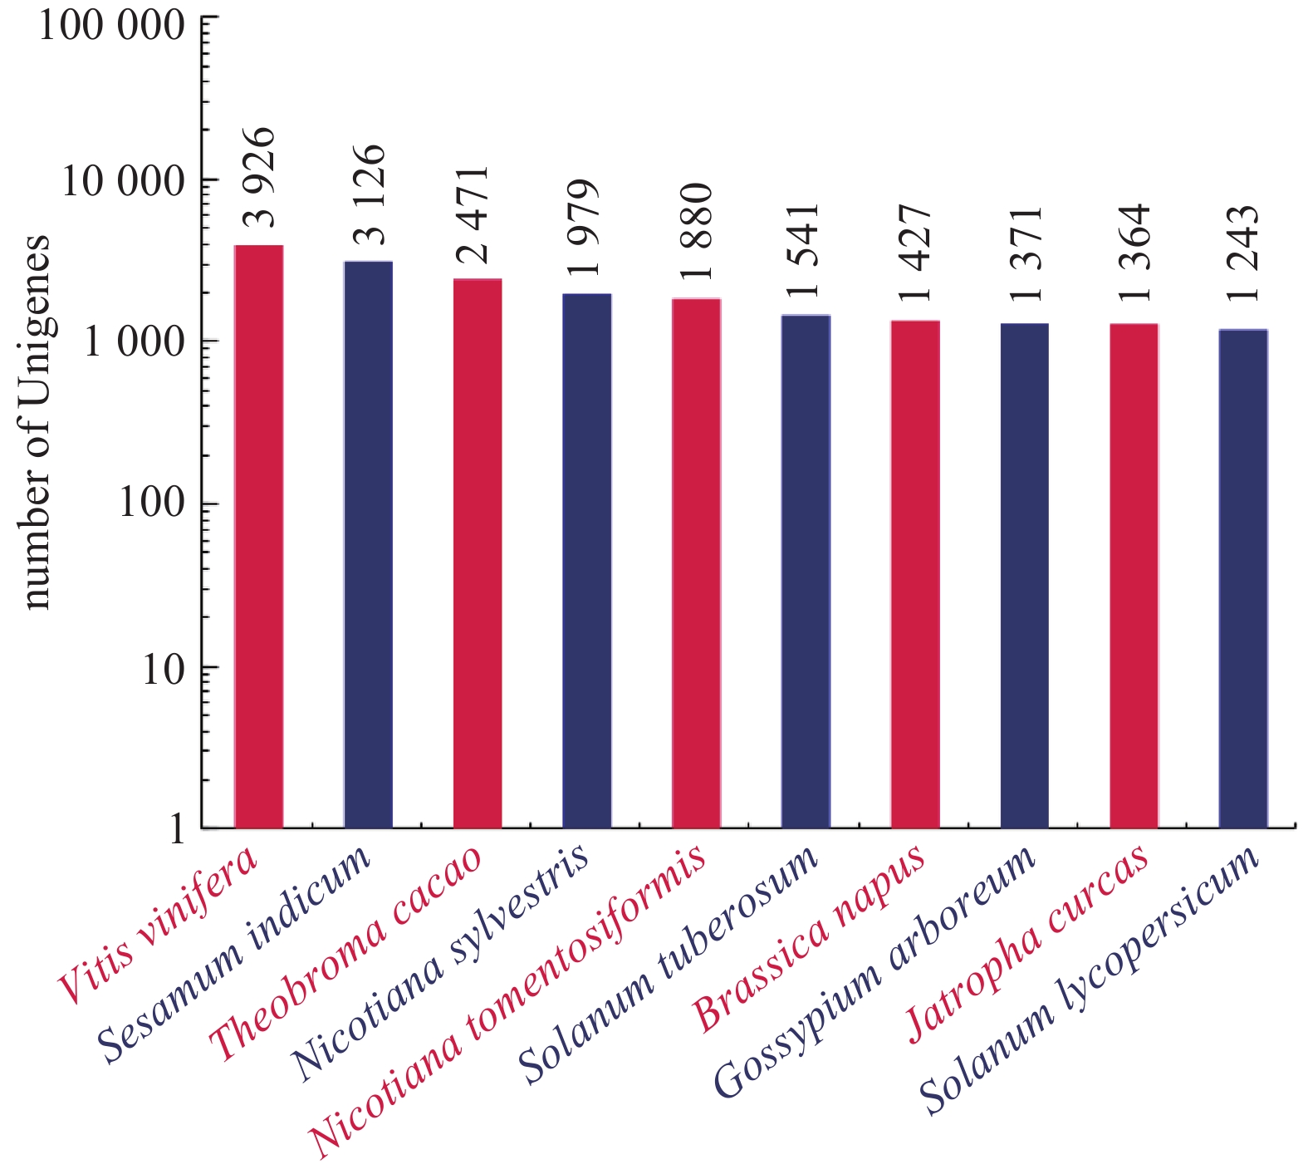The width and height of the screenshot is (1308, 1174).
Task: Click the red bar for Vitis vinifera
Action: coord(259,536)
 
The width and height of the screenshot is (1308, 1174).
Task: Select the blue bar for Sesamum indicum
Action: coord(368,544)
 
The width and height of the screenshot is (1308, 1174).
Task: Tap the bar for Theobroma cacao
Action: coord(478,553)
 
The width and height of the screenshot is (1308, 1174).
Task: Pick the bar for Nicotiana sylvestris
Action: coord(587,561)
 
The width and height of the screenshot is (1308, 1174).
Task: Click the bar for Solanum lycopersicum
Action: coord(1243,578)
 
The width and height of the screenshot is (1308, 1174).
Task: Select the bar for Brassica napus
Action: coord(915,573)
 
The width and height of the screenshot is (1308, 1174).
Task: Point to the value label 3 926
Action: coord(260,178)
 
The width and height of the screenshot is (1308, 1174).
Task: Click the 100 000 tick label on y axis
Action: coord(111,25)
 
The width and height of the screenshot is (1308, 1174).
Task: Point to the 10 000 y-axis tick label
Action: coord(123,181)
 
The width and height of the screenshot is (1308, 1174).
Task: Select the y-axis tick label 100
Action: coord(152,503)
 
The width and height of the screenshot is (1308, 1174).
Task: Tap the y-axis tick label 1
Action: coord(177,828)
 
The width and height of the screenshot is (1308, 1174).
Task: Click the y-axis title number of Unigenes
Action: coord(37,422)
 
